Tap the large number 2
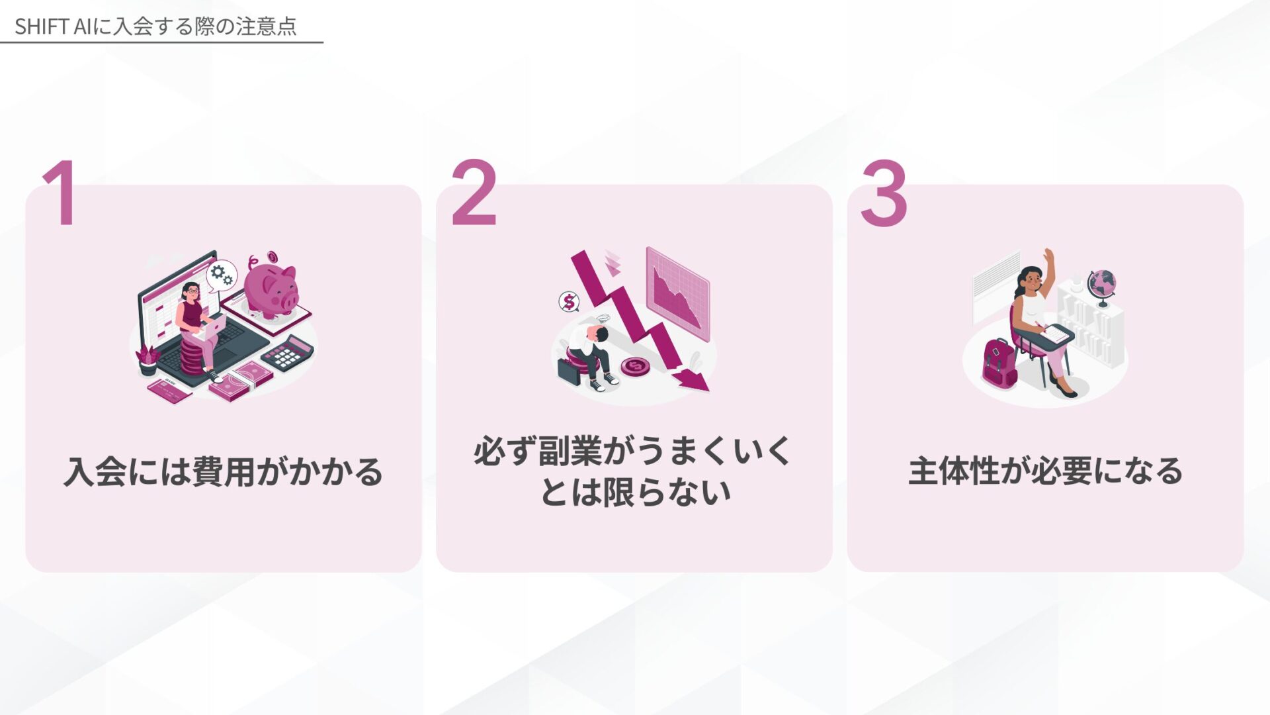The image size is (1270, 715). tap(474, 193)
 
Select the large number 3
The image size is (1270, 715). tap(884, 193)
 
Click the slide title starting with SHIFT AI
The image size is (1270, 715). tap(155, 26)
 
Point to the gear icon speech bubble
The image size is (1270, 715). tap(221, 274)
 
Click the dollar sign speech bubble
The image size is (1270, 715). tap(569, 302)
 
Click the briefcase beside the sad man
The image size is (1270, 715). tap(569, 371)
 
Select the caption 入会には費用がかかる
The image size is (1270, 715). tap(224, 472)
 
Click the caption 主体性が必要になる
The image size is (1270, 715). tap(1045, 471)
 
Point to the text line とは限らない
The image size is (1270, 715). tap(635, 492)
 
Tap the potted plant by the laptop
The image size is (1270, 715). tap(147, 361)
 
